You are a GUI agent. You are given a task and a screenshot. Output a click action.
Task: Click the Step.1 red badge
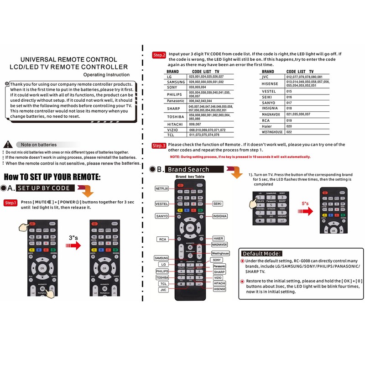pyautogui.click(x=11, y=203)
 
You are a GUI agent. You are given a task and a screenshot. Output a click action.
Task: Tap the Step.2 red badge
pyautogui.click(x=159, y=55)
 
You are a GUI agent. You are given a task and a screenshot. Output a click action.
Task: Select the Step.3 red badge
pyautogui.click(x=159, y=146)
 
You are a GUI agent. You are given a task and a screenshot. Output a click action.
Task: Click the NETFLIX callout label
pyautogui.click(x=162, y=188)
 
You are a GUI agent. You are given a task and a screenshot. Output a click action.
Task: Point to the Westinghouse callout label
pyautogui.click(x=220, y=253)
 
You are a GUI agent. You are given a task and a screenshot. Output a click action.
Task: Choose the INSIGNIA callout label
pyautogui.click(x=220, y=216)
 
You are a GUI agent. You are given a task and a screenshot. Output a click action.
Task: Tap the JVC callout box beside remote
pyautogui.click(x=163, y=289)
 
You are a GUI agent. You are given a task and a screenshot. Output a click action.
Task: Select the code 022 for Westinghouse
pyautogui.click(x=289, y=132)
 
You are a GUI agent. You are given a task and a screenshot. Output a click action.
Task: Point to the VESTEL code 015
pyautogui.click(x=289, y=91)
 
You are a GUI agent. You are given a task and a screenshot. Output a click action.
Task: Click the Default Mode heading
pyautogui.click(x=261, y=253)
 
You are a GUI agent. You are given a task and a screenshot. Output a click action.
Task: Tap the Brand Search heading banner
pyautogui.click(x=194, y=169)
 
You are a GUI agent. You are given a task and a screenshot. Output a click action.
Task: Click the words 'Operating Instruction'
pyautogui.click(x=106, y=74)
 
